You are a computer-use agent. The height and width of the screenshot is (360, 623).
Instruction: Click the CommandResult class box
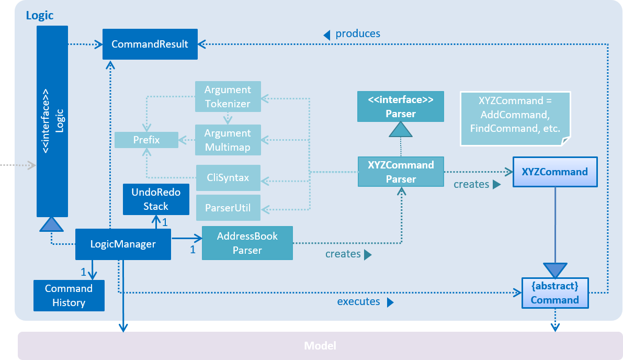[150, 44]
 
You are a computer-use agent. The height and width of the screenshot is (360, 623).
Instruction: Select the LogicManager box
[123, 244]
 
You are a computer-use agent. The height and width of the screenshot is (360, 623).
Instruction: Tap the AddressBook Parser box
[247, 243]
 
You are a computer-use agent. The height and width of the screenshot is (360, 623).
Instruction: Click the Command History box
[69, 296]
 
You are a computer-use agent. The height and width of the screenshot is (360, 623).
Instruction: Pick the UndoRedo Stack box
[156, 199]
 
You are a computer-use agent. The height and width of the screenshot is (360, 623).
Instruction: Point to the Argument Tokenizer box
[228, 96]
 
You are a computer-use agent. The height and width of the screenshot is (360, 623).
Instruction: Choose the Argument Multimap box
[228, 140]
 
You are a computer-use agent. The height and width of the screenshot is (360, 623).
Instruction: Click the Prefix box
[146, 140]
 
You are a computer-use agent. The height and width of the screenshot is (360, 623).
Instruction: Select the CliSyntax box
[228, 178]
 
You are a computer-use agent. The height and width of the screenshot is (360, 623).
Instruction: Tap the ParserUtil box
[228, 208]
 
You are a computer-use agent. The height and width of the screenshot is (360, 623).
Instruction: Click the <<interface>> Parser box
[401, 106]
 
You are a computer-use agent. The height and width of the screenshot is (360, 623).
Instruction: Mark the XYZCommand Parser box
[401, 172]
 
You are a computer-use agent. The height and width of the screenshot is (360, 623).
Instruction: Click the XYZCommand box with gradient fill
[554, 172]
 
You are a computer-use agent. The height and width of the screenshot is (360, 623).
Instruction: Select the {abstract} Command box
[554, 293]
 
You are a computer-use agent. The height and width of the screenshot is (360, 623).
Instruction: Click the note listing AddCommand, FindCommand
[515, 119]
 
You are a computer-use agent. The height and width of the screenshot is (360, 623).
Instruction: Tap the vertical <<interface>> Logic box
[52, 121]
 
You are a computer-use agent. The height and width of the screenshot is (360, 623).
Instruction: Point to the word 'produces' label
[358, 33]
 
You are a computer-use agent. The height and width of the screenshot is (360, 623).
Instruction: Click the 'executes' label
[358, 301]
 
